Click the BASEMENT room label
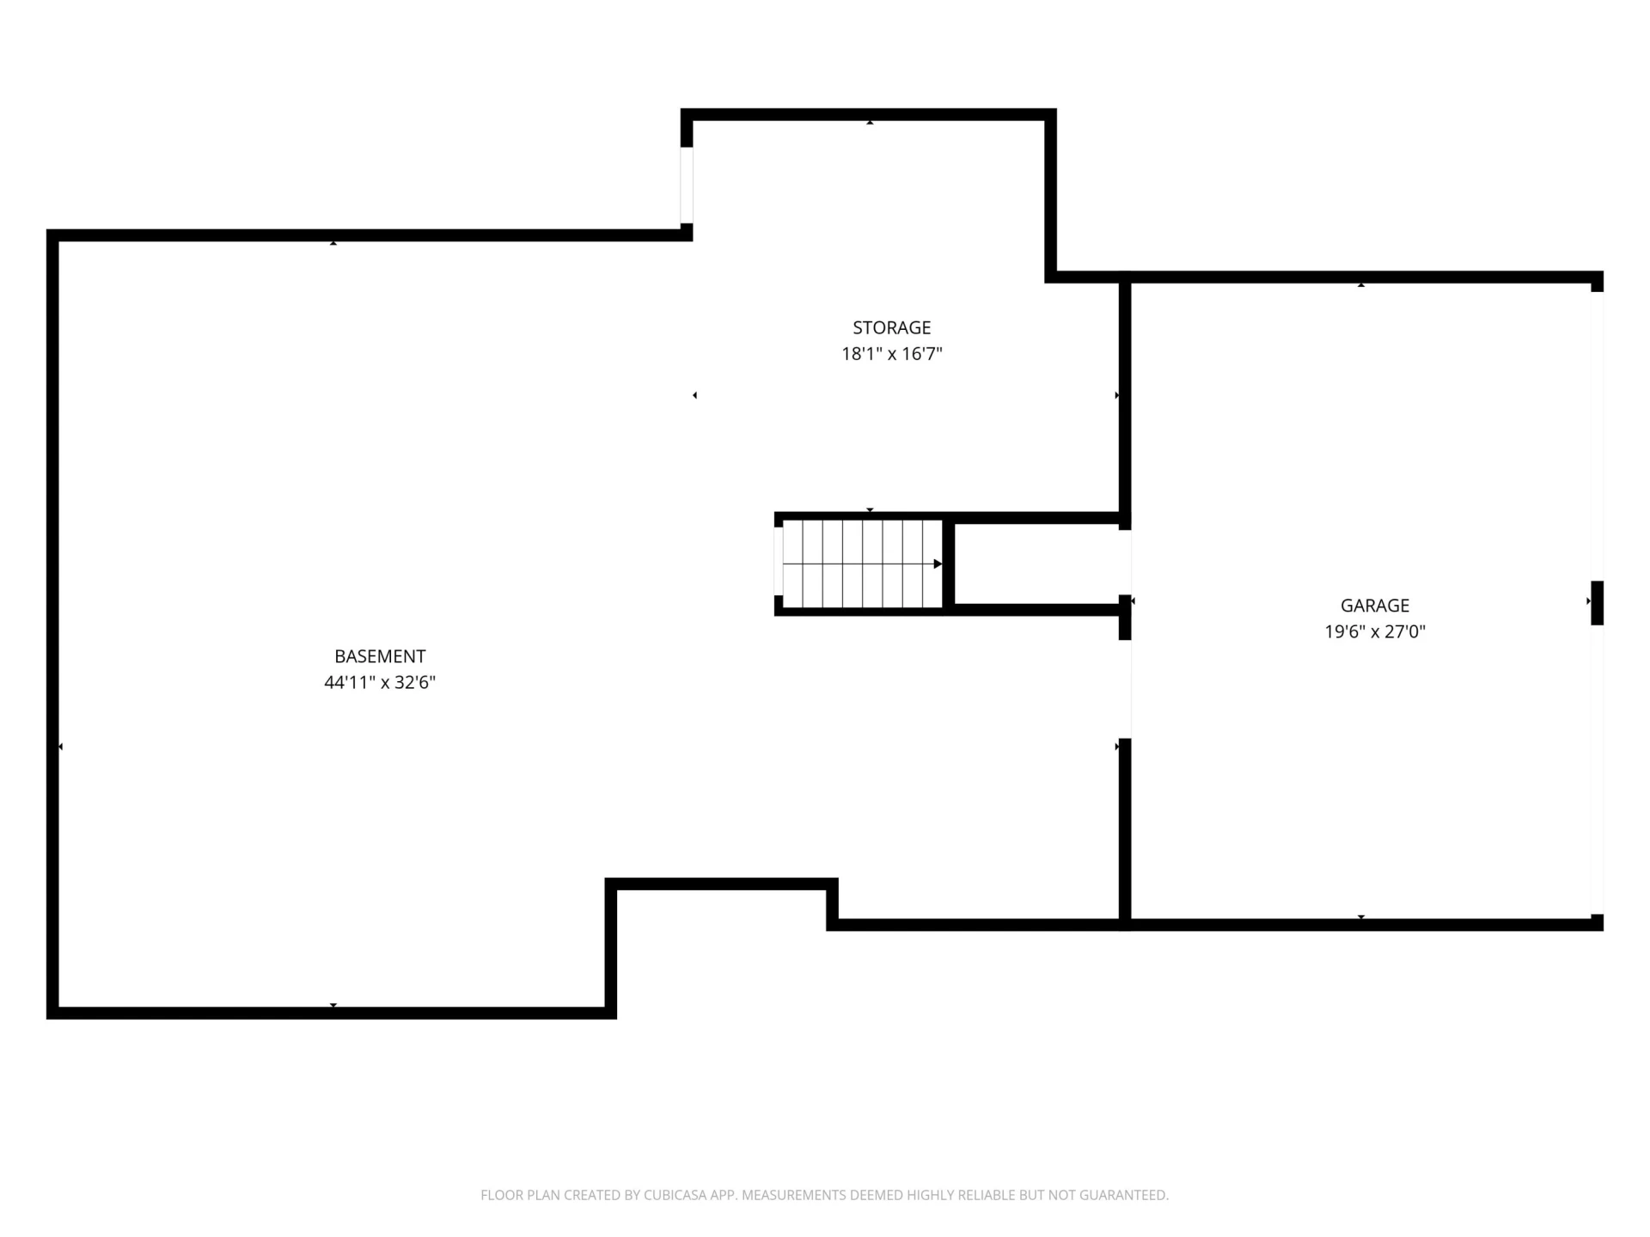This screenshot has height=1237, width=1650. click(x=380, y=656)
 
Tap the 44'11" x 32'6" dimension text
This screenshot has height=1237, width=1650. click(x=380, y=683)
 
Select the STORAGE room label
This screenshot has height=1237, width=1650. click(x=891, y=327)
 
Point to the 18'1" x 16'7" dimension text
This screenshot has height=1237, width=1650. click(x=891, y=354)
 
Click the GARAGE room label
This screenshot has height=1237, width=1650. click(x=1375, y=606)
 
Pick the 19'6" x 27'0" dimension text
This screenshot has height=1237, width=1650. click(x=1375, y=632)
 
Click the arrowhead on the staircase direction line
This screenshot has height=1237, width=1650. click(x=938, y=564)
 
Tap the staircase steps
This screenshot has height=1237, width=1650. click(x=863, y=564)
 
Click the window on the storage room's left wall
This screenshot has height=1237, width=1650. click(x=687, y=186)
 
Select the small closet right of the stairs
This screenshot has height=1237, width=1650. click(x=1036, y=564)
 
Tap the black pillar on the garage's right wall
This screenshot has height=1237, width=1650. click(x=1597, y=603)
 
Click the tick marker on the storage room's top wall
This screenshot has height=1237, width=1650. click(x=870, y=123)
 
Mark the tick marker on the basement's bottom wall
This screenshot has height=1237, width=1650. click(x=333, y=1005)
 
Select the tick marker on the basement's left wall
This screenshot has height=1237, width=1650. click(x=60, y=747)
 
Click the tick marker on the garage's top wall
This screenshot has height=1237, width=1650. click(x=1361, y=284)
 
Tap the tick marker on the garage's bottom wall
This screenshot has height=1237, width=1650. click(x=1361, y=917)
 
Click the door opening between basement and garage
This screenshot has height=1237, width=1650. click(x=1125, y=690)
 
